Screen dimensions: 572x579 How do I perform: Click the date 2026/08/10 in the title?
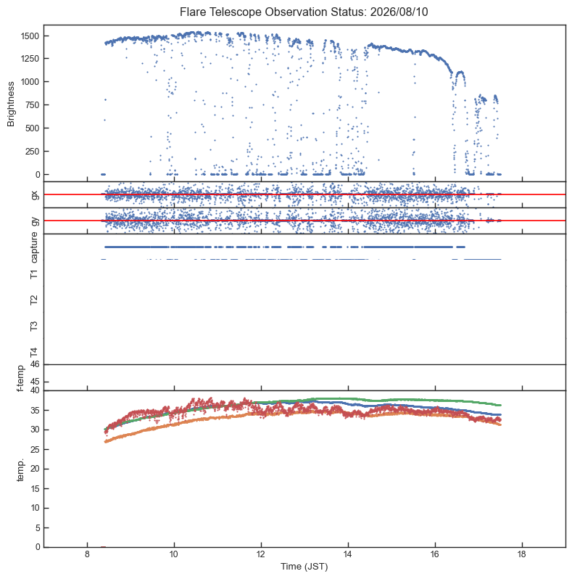[399, 12]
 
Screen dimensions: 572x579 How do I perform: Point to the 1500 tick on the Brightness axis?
[30, 36]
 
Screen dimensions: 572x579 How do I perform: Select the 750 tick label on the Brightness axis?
[32, 105]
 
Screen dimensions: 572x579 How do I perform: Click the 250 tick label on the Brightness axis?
[32, 152]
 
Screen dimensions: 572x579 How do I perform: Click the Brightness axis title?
[11, 104]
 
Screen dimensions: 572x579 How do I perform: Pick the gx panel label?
[35, 194]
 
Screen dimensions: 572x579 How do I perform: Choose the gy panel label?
[35, 221]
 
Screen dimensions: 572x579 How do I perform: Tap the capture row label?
[34, 247]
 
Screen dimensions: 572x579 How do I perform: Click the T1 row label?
[34, 274]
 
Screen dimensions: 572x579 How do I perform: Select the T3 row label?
[34, 326]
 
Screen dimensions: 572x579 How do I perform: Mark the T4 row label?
[34, 352]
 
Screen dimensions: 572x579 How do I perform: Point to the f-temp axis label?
[20, 378]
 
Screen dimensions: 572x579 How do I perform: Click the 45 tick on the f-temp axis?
[35, 382]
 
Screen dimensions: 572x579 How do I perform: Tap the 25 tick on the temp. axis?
[35, 449]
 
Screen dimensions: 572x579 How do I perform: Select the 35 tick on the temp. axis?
[35, 410]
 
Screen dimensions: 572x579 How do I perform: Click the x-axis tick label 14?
[348, 554]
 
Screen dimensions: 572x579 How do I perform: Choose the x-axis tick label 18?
[522, 554]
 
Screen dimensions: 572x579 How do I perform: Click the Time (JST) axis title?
[304, 567]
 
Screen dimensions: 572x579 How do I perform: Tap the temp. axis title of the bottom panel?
[20, 469]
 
